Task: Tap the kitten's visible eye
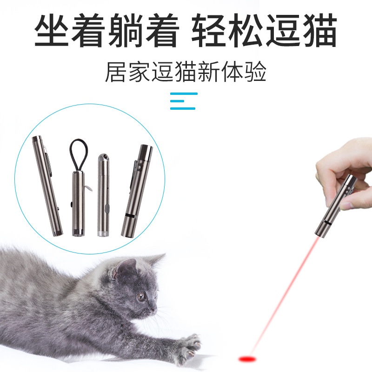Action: (141, 296)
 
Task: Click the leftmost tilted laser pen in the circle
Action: (47, 186)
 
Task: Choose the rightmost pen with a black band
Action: (137, 191)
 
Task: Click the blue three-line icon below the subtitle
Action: (184, 101)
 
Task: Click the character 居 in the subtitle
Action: (115, 72)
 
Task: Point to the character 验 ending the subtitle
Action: (255, 72)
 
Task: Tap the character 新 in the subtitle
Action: (208, 72)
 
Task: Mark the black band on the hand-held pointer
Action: (328, 223)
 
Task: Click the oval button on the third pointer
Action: (107, 208)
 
